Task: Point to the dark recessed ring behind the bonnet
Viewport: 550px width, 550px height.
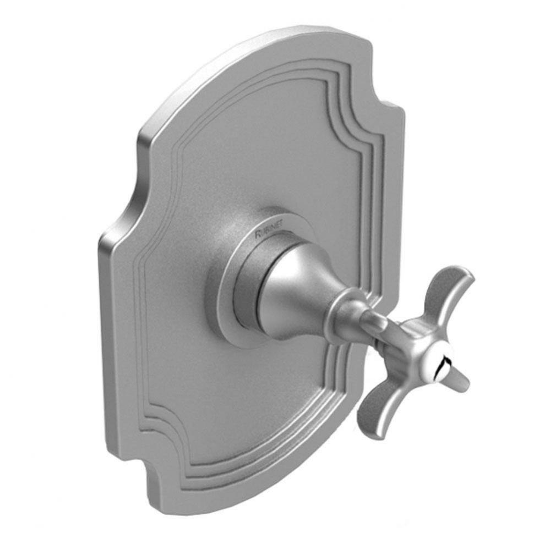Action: (251, 297)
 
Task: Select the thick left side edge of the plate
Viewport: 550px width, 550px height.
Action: (107, 330)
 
